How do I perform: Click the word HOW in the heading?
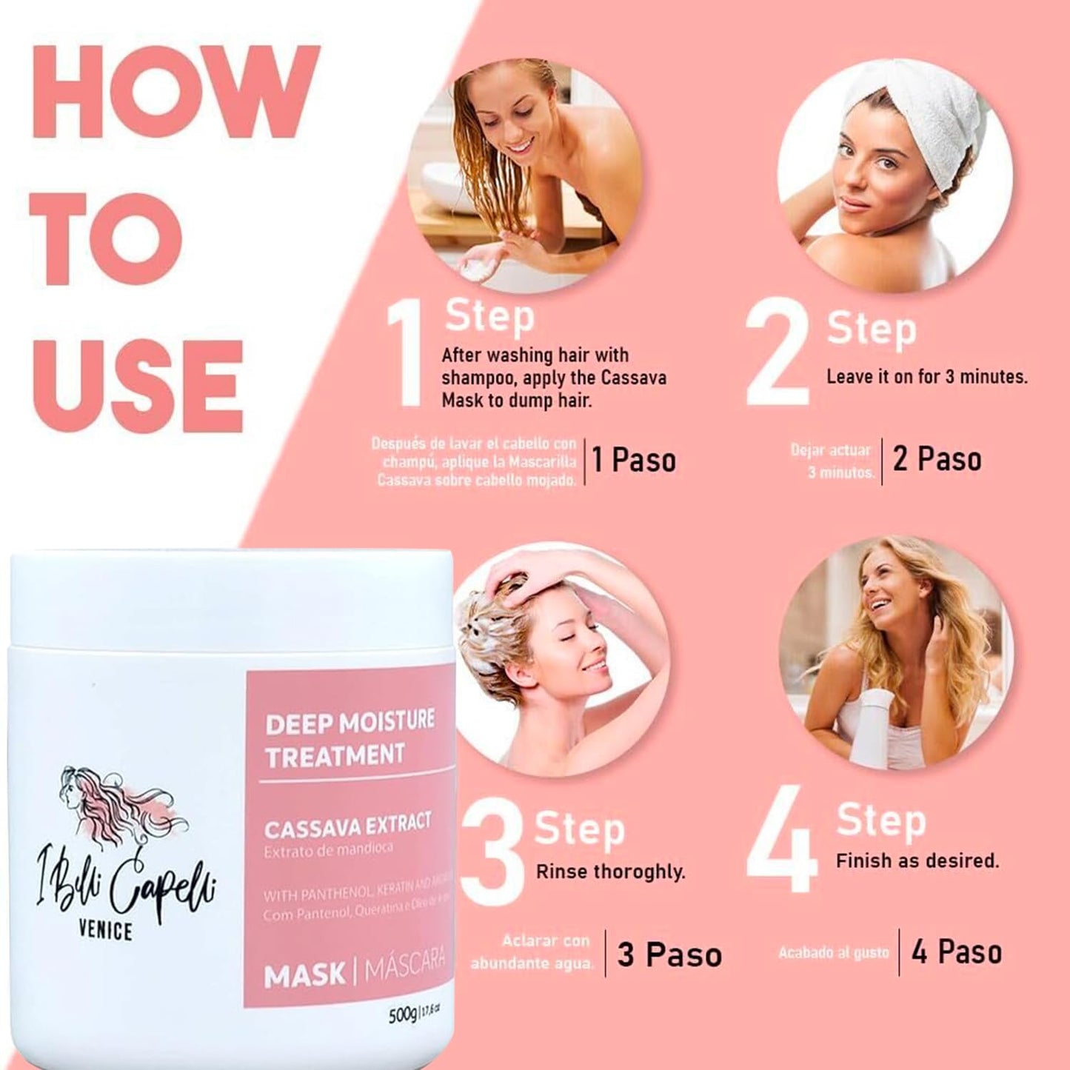click(176, 93)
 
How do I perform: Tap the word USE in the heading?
click(138, 385)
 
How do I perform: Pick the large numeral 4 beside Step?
click(783, 840)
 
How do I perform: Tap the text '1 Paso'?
click(634, 461)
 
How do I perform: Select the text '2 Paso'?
click(937, 459)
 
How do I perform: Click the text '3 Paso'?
click(669, 955)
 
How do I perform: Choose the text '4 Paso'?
click(957, 952)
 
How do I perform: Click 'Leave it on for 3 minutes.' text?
click(926, 377)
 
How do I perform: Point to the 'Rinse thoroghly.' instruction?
click(610, 872)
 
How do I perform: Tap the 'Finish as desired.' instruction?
click(917, 861)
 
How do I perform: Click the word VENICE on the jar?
click(105, 931)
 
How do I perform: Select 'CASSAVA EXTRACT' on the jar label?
click(347, 827)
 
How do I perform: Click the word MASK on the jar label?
click(304, 976)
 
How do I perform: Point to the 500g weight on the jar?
click(403, 1015)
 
